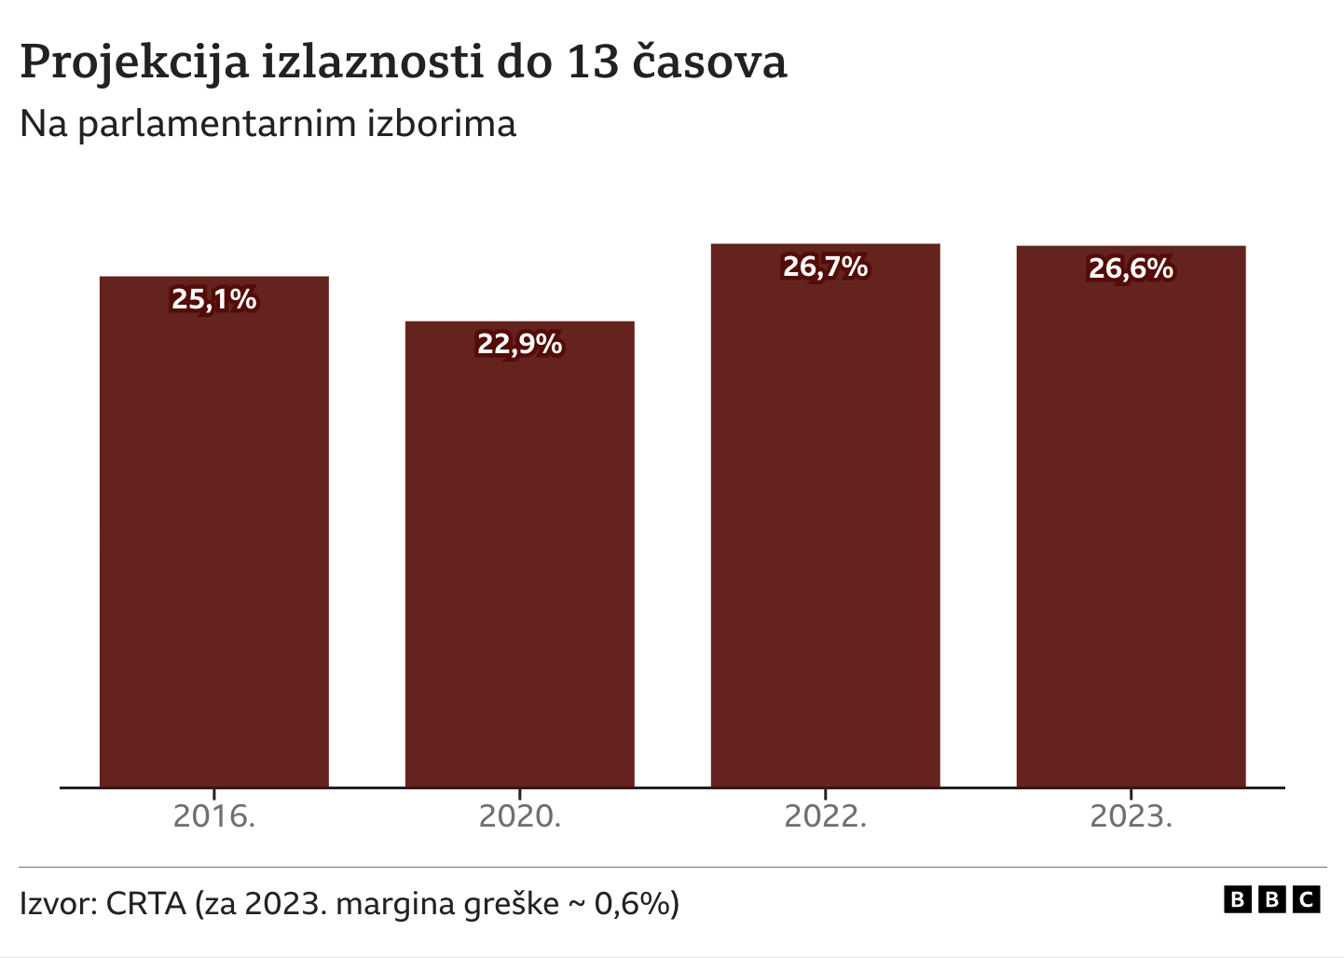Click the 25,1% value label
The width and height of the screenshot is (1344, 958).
coord(213,299)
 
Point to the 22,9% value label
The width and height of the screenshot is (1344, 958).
coord(519,344)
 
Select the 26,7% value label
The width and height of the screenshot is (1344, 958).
coord(825,267)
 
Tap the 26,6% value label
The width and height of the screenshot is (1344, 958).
coord(1131,268)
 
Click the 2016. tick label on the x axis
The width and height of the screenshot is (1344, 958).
coord(213,816)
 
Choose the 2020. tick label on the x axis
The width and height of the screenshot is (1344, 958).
coord(519,816)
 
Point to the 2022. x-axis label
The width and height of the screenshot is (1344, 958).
coord(825,816)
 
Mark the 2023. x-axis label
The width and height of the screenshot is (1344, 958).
coord(1131,816)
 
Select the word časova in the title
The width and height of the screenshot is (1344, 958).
coord(710,62)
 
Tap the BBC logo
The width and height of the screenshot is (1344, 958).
coord(1271,899)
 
